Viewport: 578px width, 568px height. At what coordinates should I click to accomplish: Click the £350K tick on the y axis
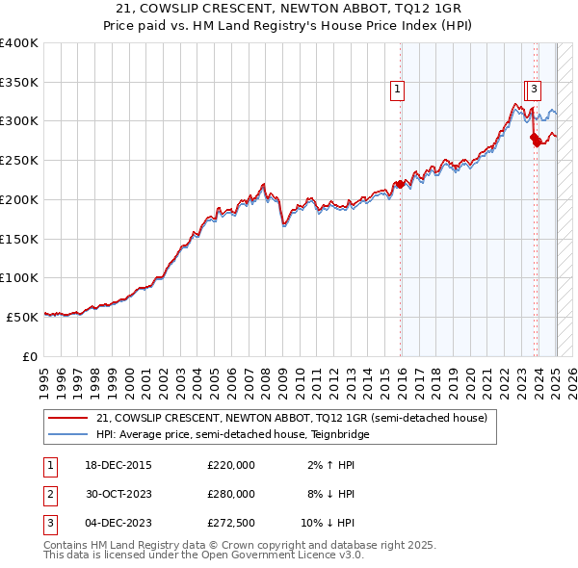pyautogui.click(x=19, y=82)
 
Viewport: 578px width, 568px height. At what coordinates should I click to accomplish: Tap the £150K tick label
pyautogui.click(x=19, y=238)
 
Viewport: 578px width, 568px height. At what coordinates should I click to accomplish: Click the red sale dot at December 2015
pyautogui.click(x=400, y=184)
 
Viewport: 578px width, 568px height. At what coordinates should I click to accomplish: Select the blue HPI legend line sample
pyautogui.click(x=67, y=434)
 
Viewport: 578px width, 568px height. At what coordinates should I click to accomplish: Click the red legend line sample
pyautogui.click(x=67, y=419)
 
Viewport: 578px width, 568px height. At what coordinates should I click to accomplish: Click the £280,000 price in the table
pyautogui.click(x=231, y=494)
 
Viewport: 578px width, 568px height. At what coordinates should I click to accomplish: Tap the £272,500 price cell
pyautogui.click(x=231, y=523)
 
